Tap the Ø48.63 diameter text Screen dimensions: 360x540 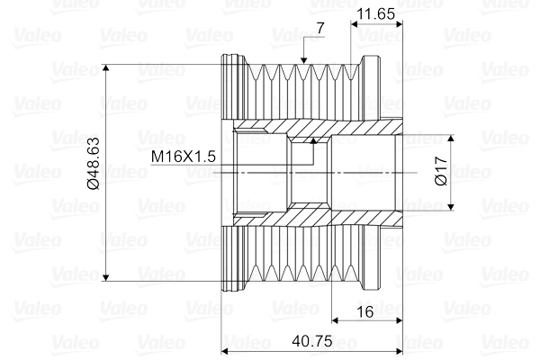(93, 164)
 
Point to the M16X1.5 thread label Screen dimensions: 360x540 (184, 156)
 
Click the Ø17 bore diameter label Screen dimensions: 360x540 (440, 172)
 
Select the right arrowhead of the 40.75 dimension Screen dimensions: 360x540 (396, 350)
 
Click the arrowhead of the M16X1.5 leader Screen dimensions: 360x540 (311, 142)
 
